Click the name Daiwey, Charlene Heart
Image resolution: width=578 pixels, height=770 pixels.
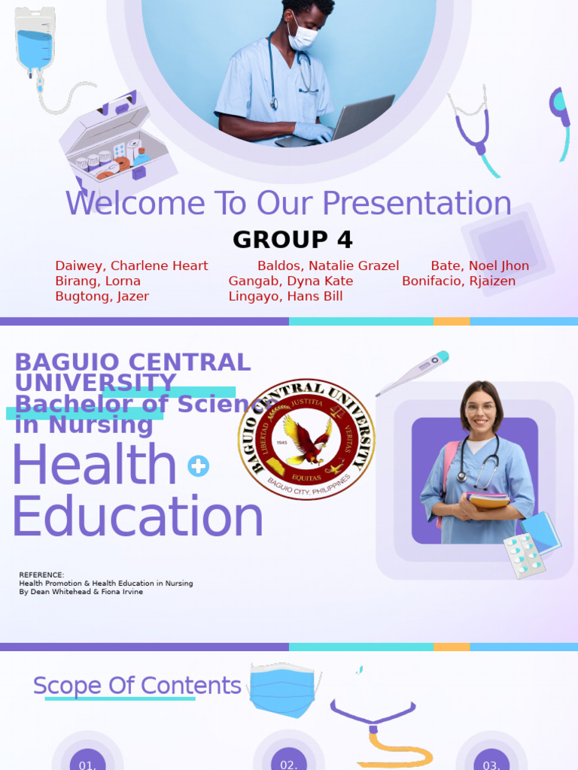click(x=132, y=265)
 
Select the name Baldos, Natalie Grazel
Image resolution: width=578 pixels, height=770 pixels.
click(x=328, y=265)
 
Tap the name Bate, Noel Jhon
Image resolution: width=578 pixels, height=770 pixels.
click(x=479, y=265)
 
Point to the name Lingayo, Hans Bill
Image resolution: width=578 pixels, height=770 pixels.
click(x=285, y=296)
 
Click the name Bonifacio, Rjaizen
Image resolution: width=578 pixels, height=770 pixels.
click(x=458, y=281)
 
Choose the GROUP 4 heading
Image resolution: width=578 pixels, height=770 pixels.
click(x=292, y=240)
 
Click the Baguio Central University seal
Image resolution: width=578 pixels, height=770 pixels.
click(x=306, y=439)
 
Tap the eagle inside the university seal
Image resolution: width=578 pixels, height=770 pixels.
click(x=306, y=441)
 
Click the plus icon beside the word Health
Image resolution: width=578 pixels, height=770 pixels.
click(x=198, y=466)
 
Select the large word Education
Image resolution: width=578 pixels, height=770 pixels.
click(x=138, y=517)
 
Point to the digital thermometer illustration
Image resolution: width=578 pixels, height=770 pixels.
click(x=412, y=373)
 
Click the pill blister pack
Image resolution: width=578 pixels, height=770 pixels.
click(x=524, y=556)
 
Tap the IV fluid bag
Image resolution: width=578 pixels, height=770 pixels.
click(x=35, y=41)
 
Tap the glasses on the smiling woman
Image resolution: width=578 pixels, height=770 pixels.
click(x=480, y=408)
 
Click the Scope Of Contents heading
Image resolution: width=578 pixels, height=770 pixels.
click(x=137, y=686)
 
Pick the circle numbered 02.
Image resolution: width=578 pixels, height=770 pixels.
click(x=289, y=761)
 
